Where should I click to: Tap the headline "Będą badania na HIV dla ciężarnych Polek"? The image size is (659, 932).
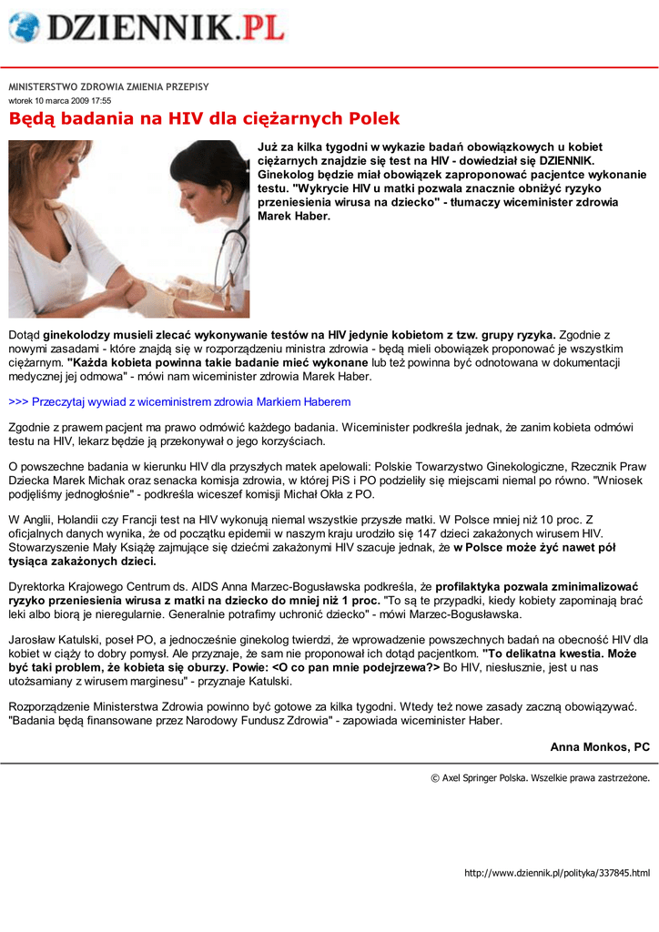pos(204,119)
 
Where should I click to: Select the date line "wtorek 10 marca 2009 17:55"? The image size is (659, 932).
pos(60,100)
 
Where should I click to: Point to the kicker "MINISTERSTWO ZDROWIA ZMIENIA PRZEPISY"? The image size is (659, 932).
pos(108,86)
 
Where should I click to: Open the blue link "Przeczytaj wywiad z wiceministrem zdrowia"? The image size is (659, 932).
pos(179,401)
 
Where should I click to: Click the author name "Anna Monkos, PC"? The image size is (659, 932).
pos(600,746)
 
